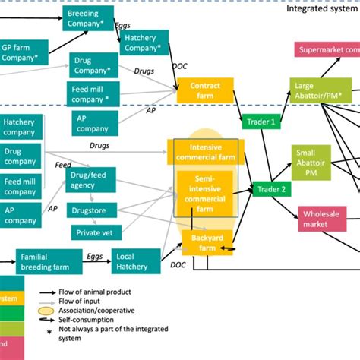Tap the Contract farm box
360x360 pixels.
coord(205,91)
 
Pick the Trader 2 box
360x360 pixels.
coord(271,189)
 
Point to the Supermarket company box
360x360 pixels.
coord(327,52)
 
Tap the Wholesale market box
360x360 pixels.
coord(326,219)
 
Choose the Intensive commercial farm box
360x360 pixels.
coord(206,152)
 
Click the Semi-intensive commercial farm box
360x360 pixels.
coord(206,194)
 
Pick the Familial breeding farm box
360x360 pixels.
coord(44,261)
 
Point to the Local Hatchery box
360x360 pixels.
coord(135,261)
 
